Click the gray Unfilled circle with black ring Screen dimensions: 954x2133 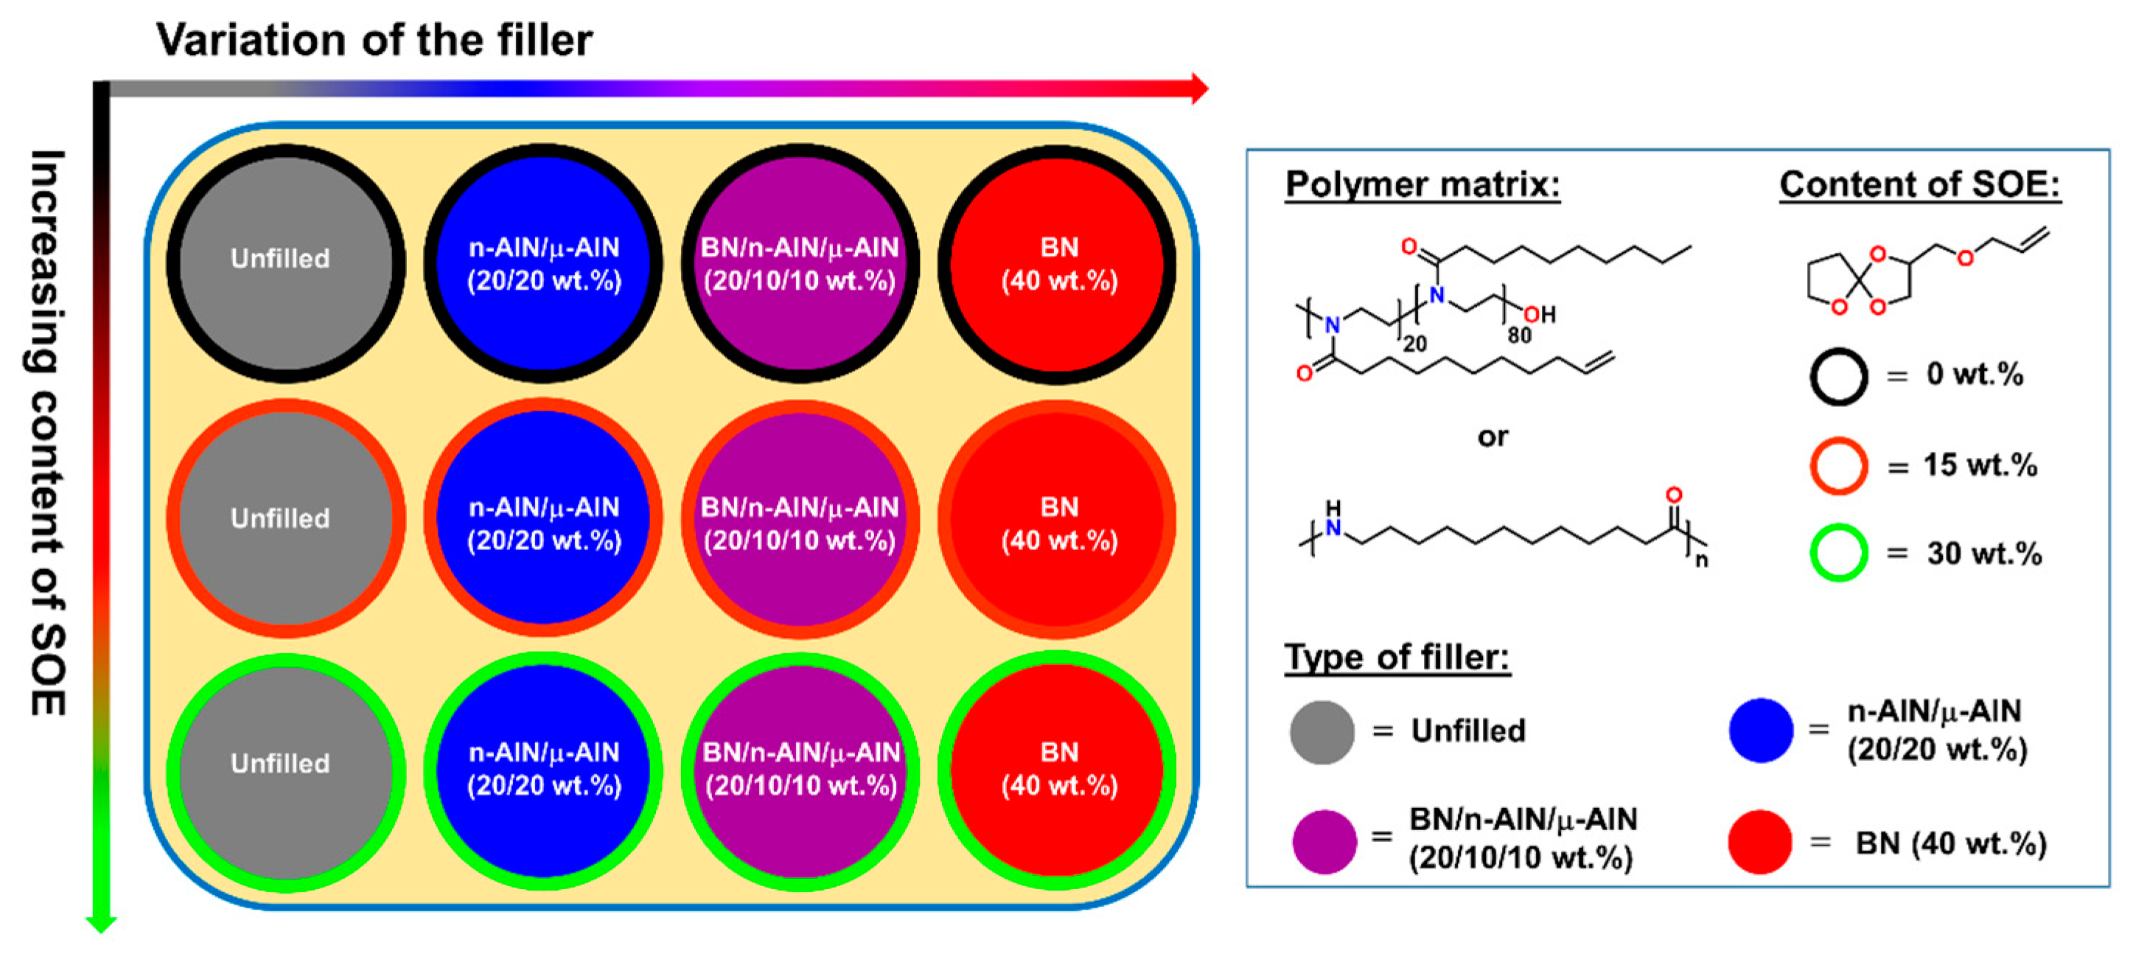click(286, 263)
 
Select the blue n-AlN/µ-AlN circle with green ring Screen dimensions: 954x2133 click(543, 770)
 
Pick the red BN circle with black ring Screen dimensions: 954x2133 click(1058, 263)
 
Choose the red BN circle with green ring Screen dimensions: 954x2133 click(1058, 770)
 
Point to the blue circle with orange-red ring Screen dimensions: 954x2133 click(543, 518)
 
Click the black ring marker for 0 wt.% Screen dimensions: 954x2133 click(1838, 376)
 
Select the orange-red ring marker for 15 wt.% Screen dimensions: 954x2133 click(1838, 465)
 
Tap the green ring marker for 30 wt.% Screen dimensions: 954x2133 click(1838, 552)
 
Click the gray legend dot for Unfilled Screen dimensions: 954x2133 click(1322, 732)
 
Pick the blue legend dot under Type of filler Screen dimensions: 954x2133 click(1760, 731)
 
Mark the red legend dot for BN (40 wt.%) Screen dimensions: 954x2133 click(1759, 841)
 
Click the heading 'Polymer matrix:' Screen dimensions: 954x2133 click(1422, 184)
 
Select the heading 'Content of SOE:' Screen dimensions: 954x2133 click(1919, 184)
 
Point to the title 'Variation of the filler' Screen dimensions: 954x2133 click(374, 40)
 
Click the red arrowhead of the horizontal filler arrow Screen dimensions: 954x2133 click(1199, 88)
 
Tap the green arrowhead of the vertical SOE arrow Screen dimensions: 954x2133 click(100, 922)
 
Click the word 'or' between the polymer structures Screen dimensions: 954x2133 click(1492, 436)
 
